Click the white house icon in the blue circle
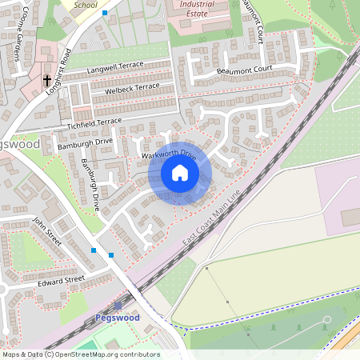(180, 173)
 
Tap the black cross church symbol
(47, 81)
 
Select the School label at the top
(85, 4)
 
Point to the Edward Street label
(60, 282)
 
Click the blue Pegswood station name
(117, 318)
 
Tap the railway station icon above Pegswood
(118, 305)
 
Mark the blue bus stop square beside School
(104, 13)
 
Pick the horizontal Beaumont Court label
(245, 71)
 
